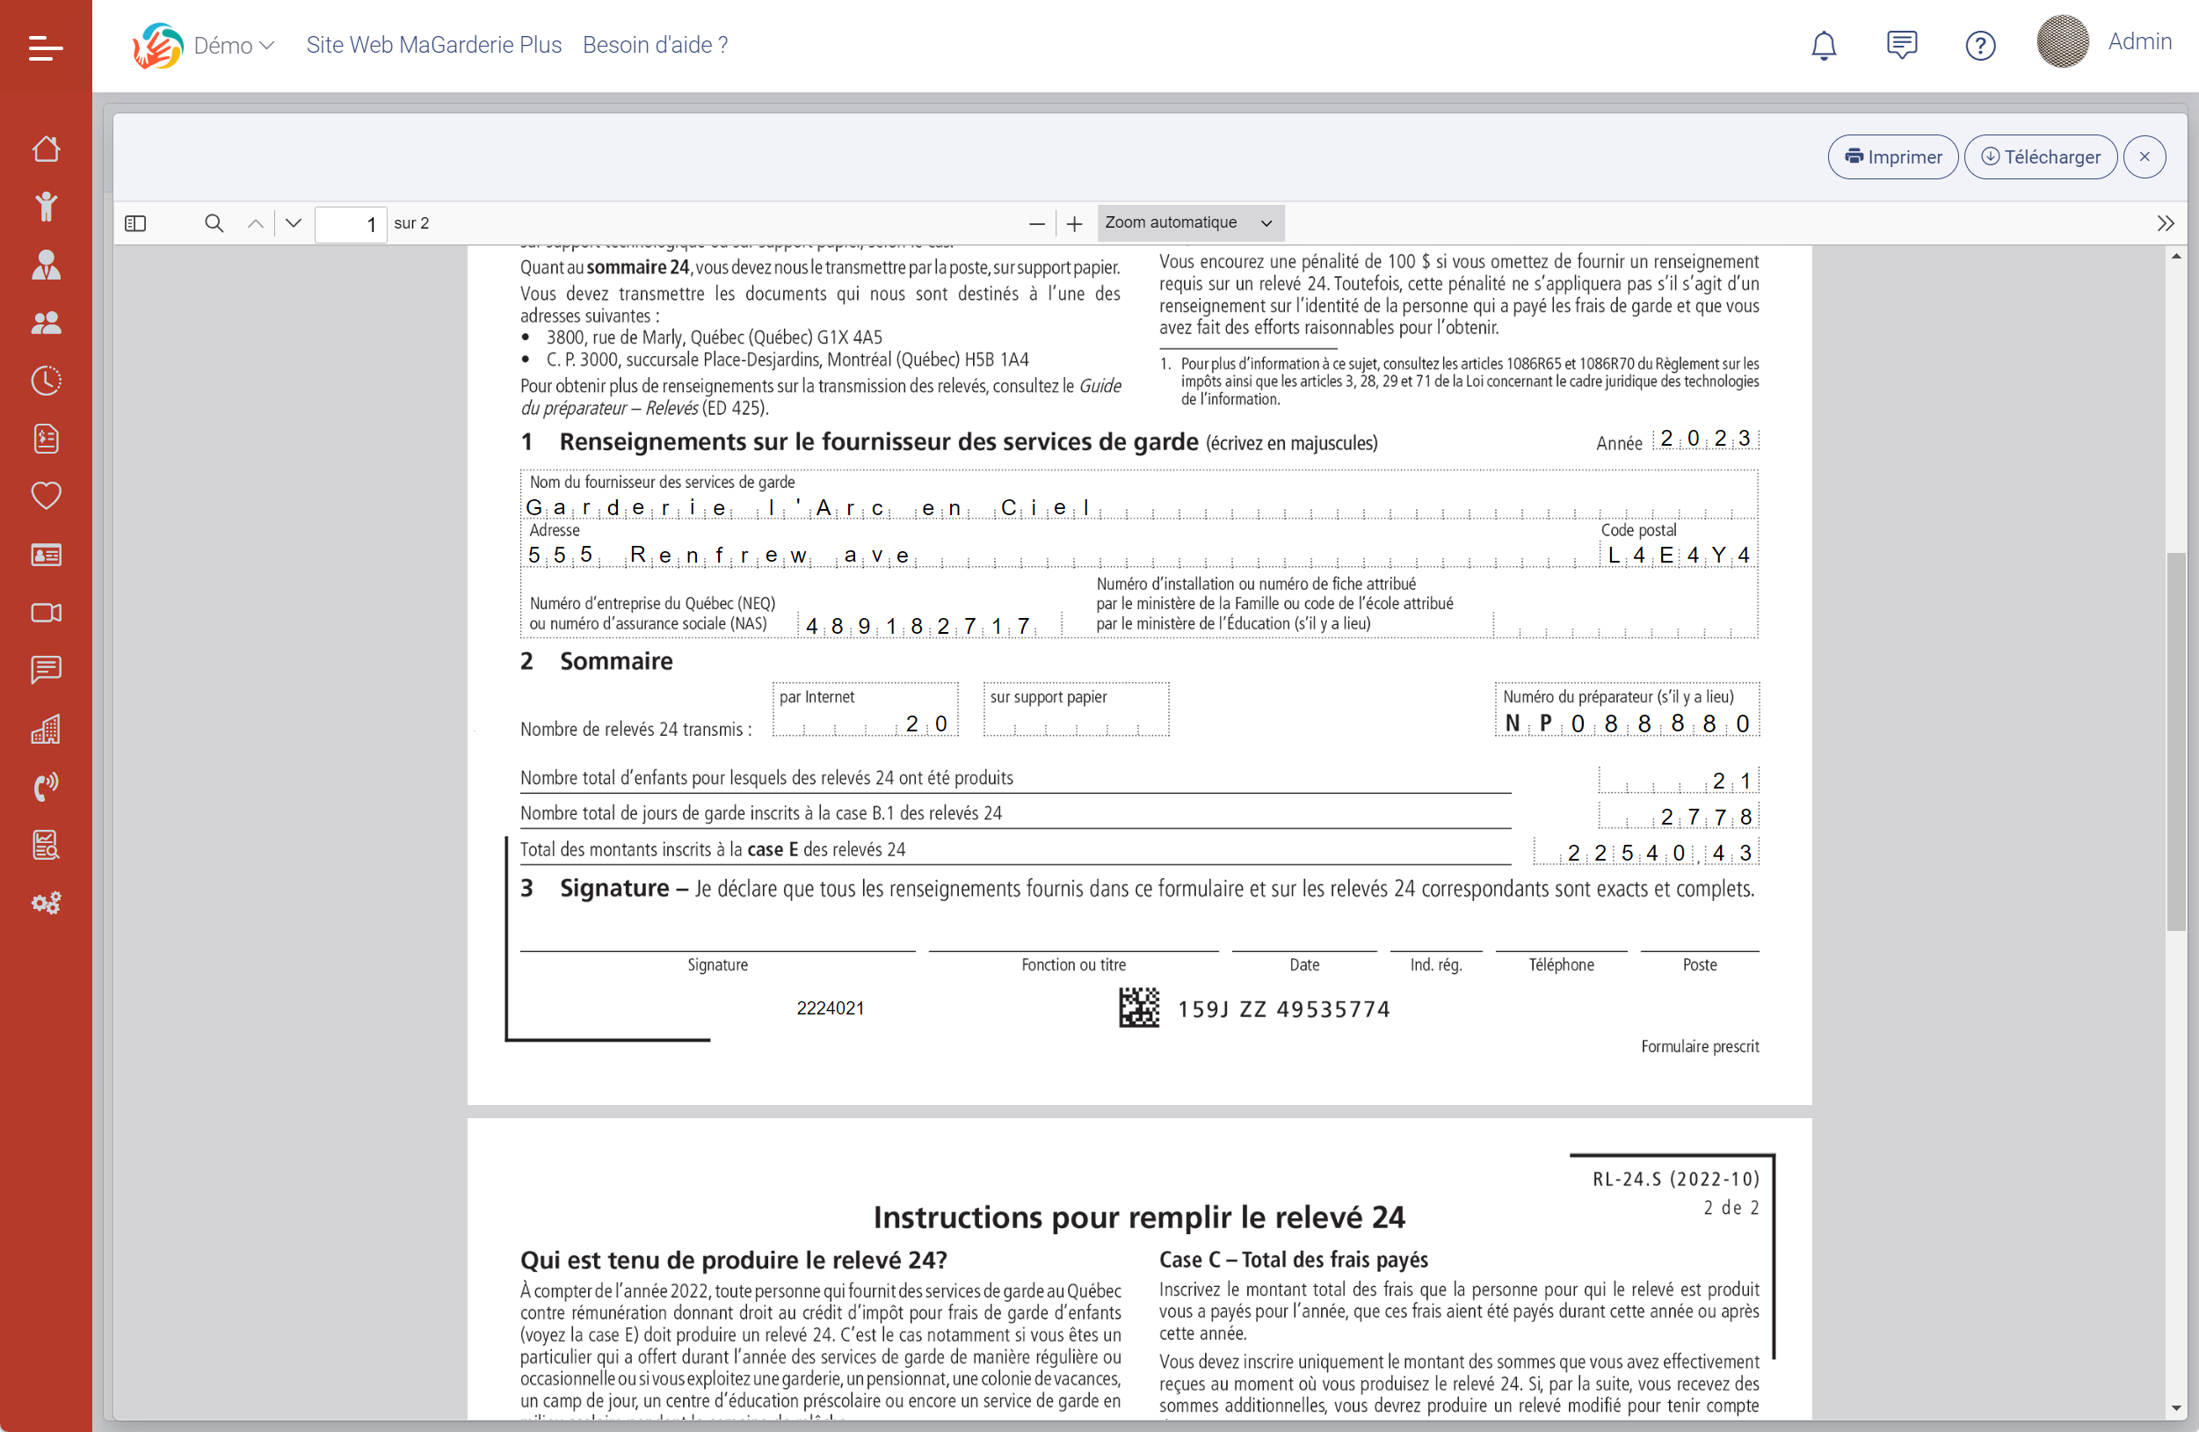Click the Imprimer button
[1892, 157]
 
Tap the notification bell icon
[1823, 45]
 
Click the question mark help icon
[1979, 45]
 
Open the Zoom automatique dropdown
[1189, 222]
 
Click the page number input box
[350, 223]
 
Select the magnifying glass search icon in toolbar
[214, 223]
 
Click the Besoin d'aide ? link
[655, 45]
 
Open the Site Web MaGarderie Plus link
[433, 45]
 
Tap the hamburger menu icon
[46, 47]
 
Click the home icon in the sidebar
[47, 149]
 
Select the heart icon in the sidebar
[47, 496]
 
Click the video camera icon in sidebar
[47, 613]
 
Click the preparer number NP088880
[1627, 723]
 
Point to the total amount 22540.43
[1658, 853]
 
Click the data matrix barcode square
[1138, 1007]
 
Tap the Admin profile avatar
[2062, 42]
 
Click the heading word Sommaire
[615, 661]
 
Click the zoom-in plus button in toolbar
[1074, 223]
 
